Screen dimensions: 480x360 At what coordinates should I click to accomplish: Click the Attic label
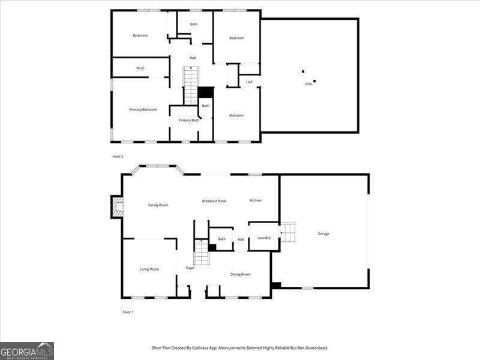(309, 84)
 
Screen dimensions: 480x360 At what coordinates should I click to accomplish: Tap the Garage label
(323, 233)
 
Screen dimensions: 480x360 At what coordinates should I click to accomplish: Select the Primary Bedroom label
(143, 110)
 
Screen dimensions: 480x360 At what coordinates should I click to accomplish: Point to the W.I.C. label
(140, 68)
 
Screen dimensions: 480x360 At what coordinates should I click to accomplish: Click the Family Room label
(158, 205)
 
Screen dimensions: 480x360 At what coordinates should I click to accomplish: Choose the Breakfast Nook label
(214, 201)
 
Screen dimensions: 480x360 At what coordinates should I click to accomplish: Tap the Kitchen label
(256, 200)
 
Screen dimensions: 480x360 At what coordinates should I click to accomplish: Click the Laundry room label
(264, 238)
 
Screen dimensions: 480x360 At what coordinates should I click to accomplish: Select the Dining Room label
(241, 274)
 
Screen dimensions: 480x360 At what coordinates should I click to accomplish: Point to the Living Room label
(149, 269)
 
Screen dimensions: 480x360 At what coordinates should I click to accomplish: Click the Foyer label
(190, 268)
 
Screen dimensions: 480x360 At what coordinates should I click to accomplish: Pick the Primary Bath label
(189, 121)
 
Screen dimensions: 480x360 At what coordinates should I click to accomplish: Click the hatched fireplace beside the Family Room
(118, 207)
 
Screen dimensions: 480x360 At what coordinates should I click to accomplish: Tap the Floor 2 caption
(118, 157)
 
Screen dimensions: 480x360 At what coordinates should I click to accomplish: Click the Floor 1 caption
(128, 312)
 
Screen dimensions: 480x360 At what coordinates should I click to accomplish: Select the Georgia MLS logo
(27, 351)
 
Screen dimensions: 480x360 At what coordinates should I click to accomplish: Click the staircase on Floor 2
(191, 86)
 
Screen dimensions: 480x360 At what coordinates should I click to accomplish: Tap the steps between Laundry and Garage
(288, 232)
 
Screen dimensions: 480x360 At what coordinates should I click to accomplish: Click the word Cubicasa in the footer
(201, 348)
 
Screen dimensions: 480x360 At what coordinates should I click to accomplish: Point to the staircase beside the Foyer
(202, 252)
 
